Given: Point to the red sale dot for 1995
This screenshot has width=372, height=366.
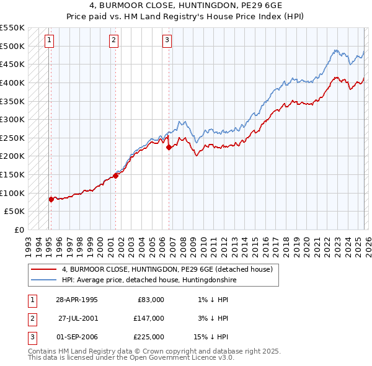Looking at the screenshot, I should point(51,199).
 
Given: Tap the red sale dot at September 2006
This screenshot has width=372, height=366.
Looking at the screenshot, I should point(169,147).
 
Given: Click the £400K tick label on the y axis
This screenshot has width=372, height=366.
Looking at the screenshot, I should point(12,83).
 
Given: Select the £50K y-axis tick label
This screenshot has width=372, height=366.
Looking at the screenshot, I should point(15,212).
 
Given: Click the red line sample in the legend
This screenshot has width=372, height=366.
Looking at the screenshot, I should point(44,270).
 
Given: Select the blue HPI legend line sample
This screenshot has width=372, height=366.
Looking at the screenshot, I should point(44,280).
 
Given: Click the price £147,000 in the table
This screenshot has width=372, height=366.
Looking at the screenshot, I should point(149,318).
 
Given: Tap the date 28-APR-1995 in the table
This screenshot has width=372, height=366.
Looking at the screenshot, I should point(77,300).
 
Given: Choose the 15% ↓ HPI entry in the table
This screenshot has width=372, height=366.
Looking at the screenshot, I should point(211,337).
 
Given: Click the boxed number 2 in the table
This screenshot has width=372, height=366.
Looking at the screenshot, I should point(31,318).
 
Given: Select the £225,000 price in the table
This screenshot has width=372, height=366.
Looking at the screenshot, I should point(149,337).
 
